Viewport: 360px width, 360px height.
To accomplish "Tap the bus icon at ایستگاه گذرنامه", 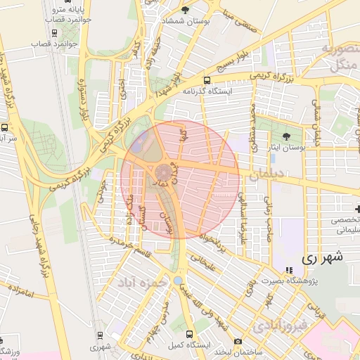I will click(207, 80).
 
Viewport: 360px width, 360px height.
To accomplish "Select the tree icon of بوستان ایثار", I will click(285, 136).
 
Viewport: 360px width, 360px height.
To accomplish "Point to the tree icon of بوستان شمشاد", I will click(185, 10).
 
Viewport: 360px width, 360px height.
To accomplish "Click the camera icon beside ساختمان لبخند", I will click(238, 342).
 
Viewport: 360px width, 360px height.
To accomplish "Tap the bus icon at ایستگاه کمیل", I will click(190, 335).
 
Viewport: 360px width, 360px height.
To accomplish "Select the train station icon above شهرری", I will click(99, 335).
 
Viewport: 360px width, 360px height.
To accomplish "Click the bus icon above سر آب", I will click(6, 128).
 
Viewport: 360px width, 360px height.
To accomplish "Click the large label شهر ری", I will click(324, 257).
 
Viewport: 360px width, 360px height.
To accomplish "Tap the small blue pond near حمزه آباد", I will click(178, 281).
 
